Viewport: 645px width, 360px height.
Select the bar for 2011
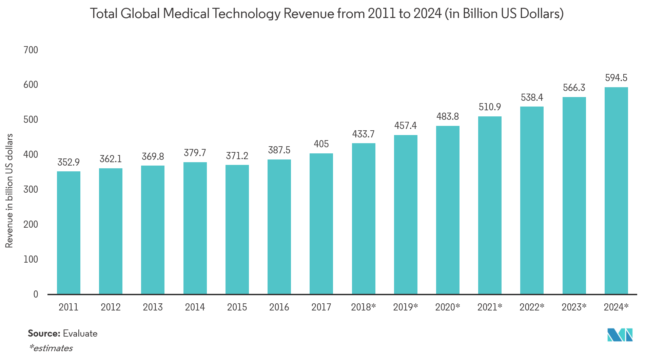69,232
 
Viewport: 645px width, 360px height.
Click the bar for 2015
237,229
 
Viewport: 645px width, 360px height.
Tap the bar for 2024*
616,190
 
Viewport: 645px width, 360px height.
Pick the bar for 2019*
406,214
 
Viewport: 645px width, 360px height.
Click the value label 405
321,144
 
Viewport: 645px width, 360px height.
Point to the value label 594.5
616,78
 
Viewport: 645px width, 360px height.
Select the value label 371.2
237,156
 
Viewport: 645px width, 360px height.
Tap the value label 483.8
448,117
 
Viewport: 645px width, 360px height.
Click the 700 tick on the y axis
31,50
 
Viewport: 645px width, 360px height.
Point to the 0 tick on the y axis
36,294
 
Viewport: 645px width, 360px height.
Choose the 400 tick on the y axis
31,155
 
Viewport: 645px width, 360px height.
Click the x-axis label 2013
153,307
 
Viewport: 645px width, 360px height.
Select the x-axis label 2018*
363,307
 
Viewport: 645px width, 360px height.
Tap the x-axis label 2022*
532,307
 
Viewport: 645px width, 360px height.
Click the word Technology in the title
247,14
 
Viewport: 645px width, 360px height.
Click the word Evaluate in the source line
80,334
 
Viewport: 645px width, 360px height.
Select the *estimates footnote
51,348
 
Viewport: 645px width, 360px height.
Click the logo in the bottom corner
620,335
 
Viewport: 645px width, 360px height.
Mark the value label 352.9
69,163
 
